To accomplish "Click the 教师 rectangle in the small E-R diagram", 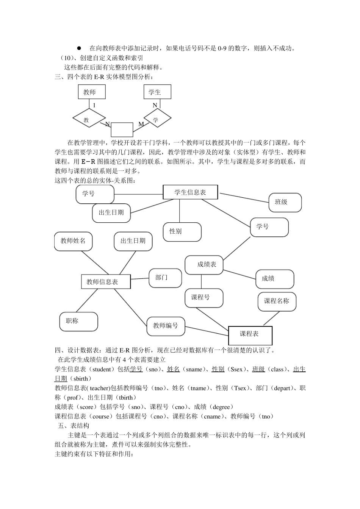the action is [x=92, y=92].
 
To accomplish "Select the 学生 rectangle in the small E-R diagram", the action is [x=157, y=92].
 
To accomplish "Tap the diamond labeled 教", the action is [x=87, y=120].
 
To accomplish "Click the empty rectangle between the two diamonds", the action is [x=122, y=130].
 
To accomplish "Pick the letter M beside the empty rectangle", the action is [x=141, y=124].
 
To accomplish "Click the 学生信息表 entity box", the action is [x=190, y=192].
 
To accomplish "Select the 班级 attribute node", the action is [x=285, y=202].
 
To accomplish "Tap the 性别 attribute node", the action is [x=182, y=232].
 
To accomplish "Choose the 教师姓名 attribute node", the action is [x=74, y=241].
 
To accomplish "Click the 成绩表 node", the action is [x=203, y=265].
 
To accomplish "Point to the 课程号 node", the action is [x=204, y=298].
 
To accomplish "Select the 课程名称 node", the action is [x=277, y=301].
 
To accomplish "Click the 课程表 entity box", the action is [x=250, y=334].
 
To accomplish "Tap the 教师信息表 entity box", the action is [x=106, y=282].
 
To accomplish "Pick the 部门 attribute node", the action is [x=165, y=278].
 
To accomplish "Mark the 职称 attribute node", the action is [x=79, y=322].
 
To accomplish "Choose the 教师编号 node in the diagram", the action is [x=166, y=325].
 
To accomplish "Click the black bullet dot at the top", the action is [x=79, y=48].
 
